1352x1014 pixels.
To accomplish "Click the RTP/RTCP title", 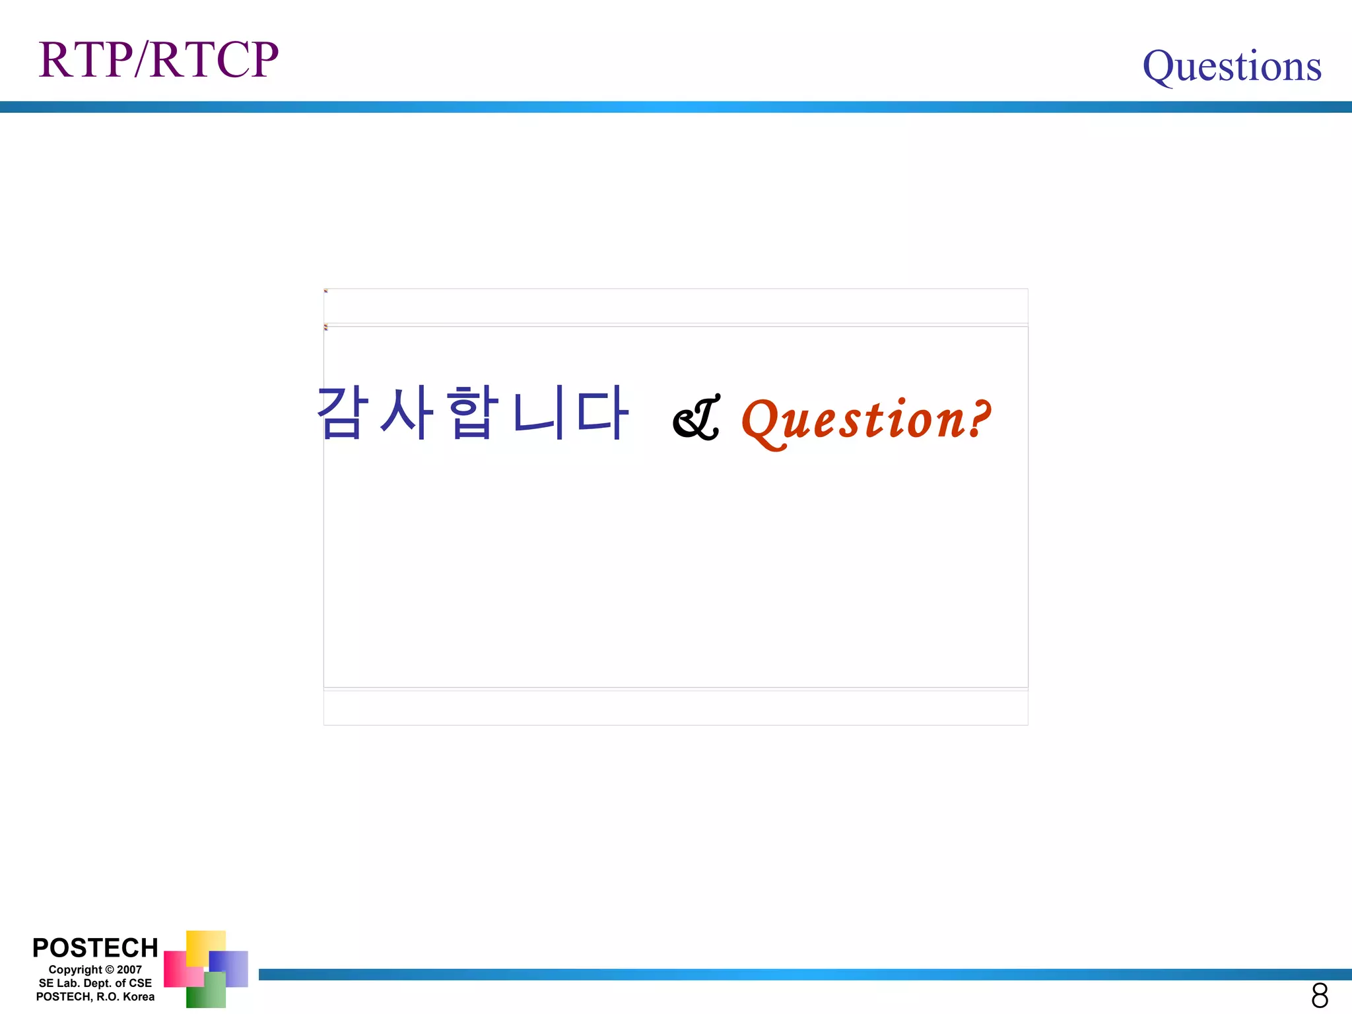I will click(x=158, y=60).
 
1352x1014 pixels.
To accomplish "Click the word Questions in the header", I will click(x=1232, y=66).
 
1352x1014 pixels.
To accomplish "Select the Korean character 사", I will click(x=407, y=413).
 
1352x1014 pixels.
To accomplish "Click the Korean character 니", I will click(x=537, y=413).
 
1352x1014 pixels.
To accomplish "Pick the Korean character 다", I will click(x=601, y=413).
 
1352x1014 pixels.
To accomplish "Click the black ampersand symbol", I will click(x=696, y=419).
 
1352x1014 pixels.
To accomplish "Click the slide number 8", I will click(x=1320, y=995).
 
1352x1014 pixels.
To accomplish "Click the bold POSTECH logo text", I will click(x=95, y=948).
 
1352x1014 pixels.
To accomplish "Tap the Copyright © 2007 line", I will click(x=95, y=970).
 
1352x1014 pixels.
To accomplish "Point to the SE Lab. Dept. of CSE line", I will click(x=95, y=983).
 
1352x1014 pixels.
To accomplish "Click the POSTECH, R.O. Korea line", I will click(x=95, y=997).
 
